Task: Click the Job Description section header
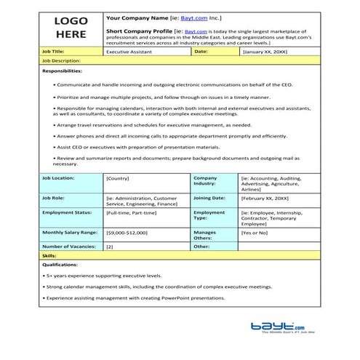click(62, 61)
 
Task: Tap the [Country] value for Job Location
click(119, 178)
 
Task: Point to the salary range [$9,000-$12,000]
click(127, 232)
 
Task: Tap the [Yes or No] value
click(255, 232)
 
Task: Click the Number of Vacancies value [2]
click(110, 247)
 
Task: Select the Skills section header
click(49, 257)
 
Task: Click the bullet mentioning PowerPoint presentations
click(171, 297)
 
